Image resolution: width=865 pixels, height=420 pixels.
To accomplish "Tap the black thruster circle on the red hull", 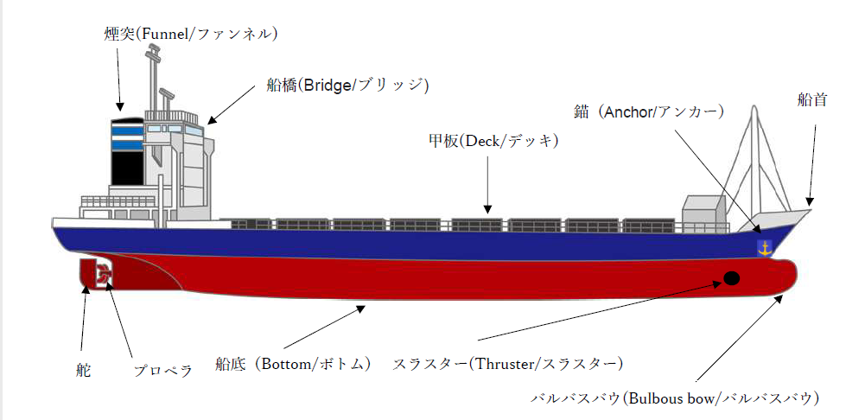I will pos(732,278).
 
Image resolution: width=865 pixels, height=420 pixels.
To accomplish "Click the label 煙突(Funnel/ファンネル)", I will pos(190,35).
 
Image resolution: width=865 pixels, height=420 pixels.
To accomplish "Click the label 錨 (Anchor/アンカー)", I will pos(649,111).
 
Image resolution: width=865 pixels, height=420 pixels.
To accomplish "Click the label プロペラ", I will pos(162,372).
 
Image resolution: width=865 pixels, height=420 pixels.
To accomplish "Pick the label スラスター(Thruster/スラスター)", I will pos(507,363).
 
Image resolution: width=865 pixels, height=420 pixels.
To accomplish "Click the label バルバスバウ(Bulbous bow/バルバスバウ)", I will pos(674,398).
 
